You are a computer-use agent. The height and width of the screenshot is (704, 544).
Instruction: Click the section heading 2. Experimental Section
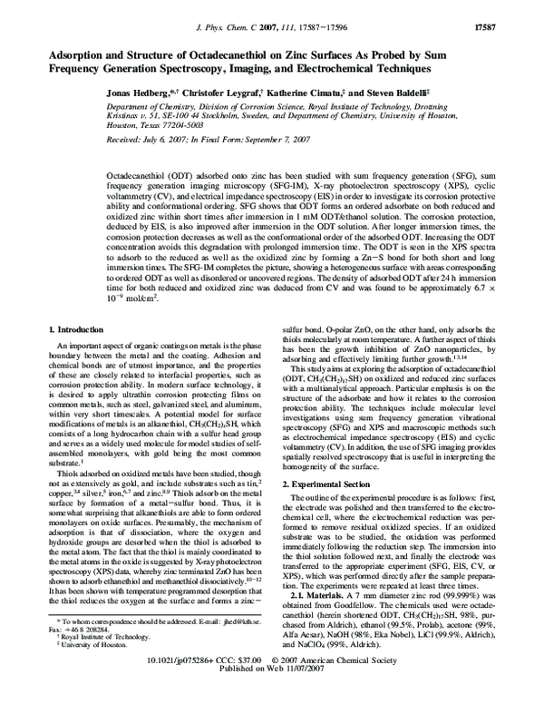point(331,485)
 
